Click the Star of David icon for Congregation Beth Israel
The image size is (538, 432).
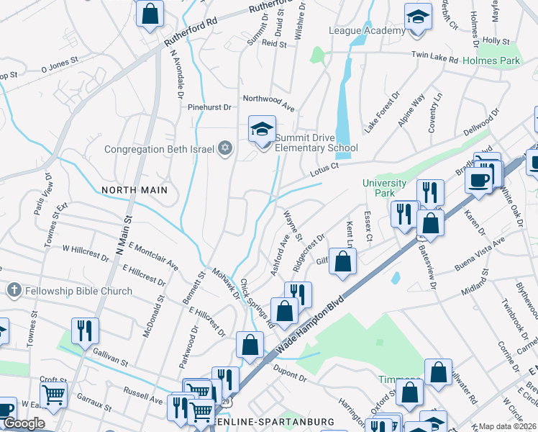(x=225, y=148)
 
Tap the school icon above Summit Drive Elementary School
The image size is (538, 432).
(x=263, y=130)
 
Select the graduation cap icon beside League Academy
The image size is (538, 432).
(x=418, y=17)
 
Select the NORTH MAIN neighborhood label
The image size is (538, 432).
(x=134, y=190)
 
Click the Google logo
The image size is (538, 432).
(x=24, y=423)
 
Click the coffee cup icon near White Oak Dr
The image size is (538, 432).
(x=479, y=180)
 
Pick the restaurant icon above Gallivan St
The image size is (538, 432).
(x=85, y=330)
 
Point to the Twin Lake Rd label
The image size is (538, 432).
(x=434, y=56)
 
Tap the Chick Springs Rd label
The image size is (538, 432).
(x=257, y=304)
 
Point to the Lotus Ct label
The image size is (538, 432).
(x=324, y=170)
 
